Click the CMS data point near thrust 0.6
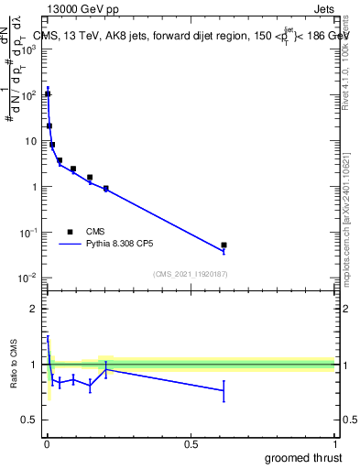224,245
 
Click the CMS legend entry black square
71,232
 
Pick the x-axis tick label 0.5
191,444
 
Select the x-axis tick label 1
334,444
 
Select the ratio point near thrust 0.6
224,390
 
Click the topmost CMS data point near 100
48,94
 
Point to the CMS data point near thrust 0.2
106,189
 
